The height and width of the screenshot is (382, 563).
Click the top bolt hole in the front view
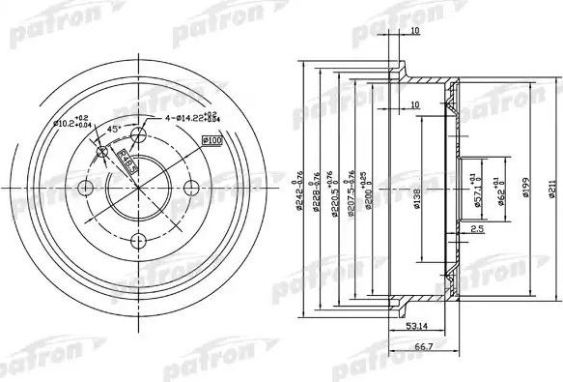click(137, 134)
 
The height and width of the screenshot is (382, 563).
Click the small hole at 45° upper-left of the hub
click(101, 151)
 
